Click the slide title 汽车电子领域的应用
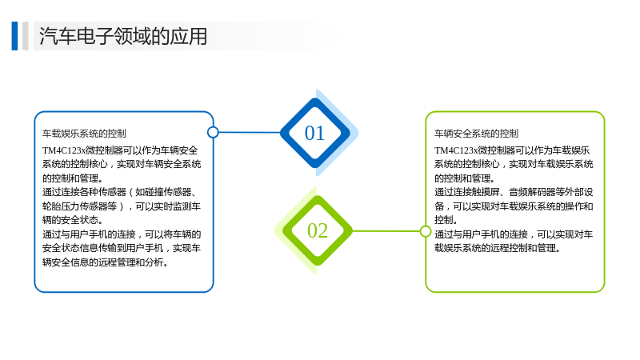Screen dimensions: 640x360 point(123,36)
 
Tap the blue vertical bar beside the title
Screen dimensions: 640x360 point(14,36)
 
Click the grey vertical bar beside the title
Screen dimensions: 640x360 point(26,36)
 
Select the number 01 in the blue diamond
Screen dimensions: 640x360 point(314,133)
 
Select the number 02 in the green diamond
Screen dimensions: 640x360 point(318,230)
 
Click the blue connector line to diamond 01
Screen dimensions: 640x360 point(250,132)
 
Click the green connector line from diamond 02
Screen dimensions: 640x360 point(386,231)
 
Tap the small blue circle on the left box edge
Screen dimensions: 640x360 point(213,132)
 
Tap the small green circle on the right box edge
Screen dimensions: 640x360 point(426,231)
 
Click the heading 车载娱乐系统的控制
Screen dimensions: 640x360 point(84,134)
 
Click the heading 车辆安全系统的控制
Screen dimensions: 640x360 point(476,134)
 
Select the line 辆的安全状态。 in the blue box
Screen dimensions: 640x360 point(73,220)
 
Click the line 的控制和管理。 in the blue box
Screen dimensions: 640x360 point(73,178)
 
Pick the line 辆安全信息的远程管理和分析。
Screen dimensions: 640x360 point(106,262)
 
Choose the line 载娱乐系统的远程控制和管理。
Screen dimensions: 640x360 point(497,248)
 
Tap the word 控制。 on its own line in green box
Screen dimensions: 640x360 point(446,220)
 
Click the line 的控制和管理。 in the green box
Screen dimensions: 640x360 point(465,178)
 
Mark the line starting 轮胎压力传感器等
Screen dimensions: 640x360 point(122,206)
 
